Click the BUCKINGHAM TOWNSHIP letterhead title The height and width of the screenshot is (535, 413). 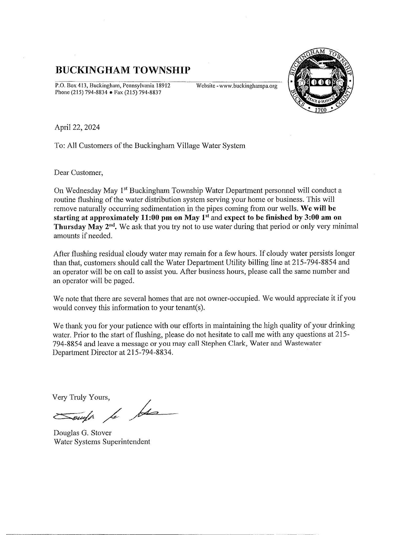click(x=123, y=70)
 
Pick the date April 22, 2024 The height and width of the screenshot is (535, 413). click(x=77, y=127)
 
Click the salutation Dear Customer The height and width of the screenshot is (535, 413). click(x=78, y=173)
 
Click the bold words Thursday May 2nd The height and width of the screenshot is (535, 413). click(x=85, y=227)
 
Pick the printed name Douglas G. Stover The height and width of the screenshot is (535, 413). click(x=83, y=433)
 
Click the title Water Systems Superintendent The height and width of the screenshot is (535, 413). click(x=102, y=442)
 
